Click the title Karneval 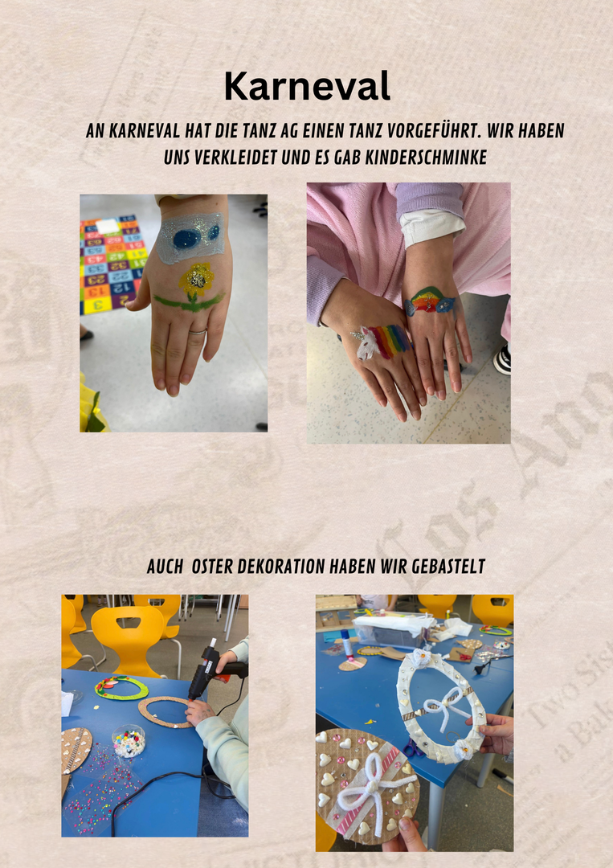[x=307, y=86]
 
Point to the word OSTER [x=212, y=567]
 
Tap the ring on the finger [x=198, y=332]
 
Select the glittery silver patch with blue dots [x=191, y=236]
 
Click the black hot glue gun [x=212, y=669]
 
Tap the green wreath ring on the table [x=121, y=687]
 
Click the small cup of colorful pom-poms [x=129, y=741]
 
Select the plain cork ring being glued [x=165, y=711]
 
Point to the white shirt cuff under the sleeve [x=431, y=227]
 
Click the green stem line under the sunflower [x=189, y=302]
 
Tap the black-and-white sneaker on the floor [x=502, y=360]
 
